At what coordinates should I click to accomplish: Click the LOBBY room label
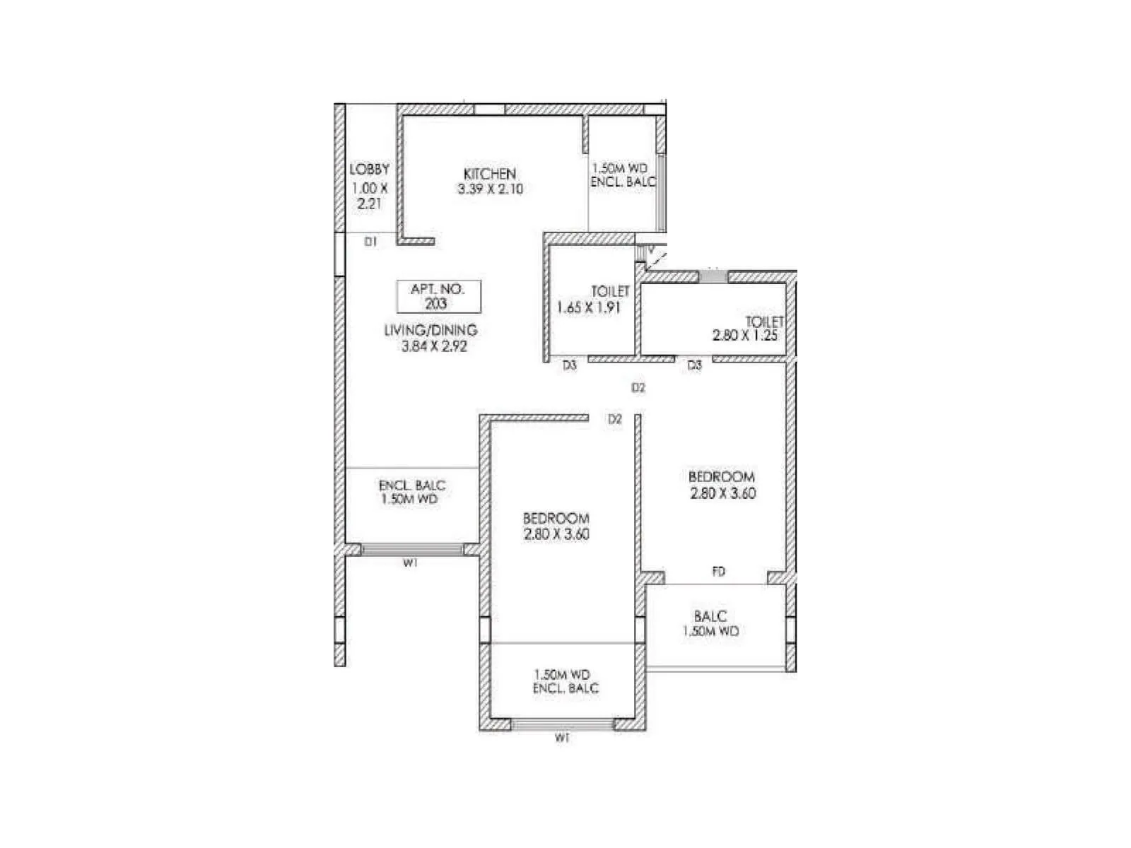369,170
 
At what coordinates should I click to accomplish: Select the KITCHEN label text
490,174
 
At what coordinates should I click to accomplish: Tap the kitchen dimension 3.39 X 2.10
490,189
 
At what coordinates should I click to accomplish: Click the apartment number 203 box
438,297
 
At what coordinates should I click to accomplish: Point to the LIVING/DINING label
430,330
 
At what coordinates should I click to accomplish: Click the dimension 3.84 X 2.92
434,346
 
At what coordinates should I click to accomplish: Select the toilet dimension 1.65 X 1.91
588,308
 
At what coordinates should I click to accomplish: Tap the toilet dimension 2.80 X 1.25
744,336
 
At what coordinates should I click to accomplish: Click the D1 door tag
370,242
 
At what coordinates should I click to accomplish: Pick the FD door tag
718,572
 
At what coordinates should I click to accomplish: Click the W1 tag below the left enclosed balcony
410,563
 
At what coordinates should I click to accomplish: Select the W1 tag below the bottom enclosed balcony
562,738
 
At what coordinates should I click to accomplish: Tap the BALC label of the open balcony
710,616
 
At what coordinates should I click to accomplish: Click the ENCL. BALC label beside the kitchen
623,182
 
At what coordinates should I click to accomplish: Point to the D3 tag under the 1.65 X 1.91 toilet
570,365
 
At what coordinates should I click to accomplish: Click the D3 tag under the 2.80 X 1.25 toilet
694,365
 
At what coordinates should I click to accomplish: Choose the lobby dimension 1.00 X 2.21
370,196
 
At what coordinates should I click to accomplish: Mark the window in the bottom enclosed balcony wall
562,724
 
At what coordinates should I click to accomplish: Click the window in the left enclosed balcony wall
412,549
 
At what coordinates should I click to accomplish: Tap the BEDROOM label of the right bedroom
721,477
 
